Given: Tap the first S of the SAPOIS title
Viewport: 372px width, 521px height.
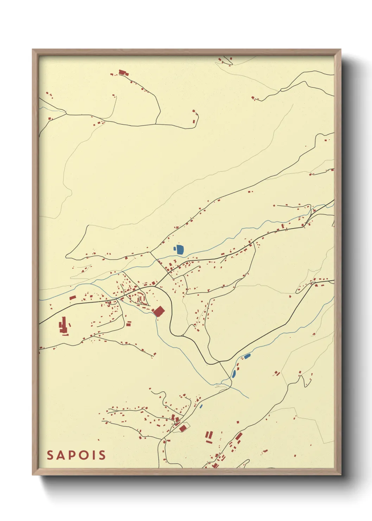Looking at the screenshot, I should [50, 455].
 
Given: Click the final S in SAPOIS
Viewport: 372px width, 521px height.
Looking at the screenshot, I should [102, 455].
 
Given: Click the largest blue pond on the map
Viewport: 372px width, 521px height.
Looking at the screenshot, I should [180, 250].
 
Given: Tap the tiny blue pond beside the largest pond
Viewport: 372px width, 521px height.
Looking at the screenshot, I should [175, 249].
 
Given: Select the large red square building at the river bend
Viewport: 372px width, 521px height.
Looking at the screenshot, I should [159, 311].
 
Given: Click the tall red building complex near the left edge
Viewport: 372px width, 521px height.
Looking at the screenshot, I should [64, 326].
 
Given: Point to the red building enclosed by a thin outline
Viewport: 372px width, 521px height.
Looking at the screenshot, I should [182, 428].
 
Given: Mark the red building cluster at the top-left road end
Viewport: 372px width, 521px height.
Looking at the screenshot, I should [123, 73].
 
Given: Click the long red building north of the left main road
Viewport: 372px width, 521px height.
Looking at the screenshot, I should [73, 297].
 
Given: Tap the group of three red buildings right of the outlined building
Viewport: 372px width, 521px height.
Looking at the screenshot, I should [209, 436].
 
